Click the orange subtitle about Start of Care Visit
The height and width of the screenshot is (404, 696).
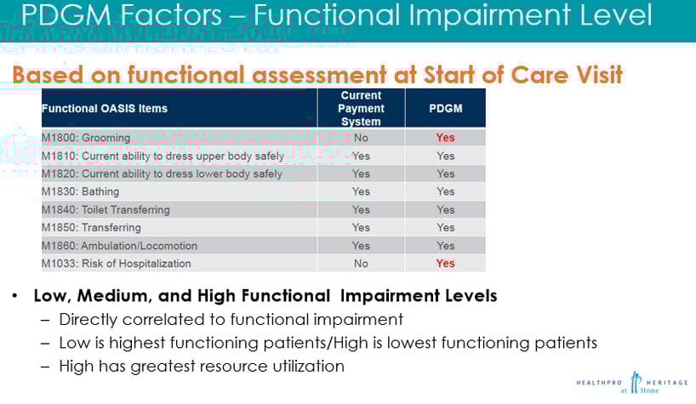[317, 75]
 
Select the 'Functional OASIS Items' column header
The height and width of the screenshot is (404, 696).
[105, 109]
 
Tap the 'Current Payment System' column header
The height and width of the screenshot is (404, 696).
[361, 109]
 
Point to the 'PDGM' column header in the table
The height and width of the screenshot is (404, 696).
[445, 109]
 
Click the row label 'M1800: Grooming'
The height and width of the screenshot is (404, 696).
[86, 138]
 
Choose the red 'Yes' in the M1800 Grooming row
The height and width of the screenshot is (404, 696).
[445, 138]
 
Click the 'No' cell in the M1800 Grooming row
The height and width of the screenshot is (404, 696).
[361, 138]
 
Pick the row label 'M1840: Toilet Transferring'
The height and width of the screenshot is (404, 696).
[106, 210]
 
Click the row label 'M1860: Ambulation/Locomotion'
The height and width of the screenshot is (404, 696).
[119, 246]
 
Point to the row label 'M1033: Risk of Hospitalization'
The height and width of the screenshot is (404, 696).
[117, 264]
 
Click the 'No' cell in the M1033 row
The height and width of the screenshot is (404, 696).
[361, 264]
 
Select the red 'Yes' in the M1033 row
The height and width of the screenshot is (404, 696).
[445, 264]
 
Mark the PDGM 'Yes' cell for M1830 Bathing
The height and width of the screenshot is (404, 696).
[445, 192]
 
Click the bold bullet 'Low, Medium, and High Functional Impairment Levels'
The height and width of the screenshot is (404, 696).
[265, 297]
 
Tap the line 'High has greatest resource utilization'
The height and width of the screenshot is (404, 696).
[202, 367]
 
